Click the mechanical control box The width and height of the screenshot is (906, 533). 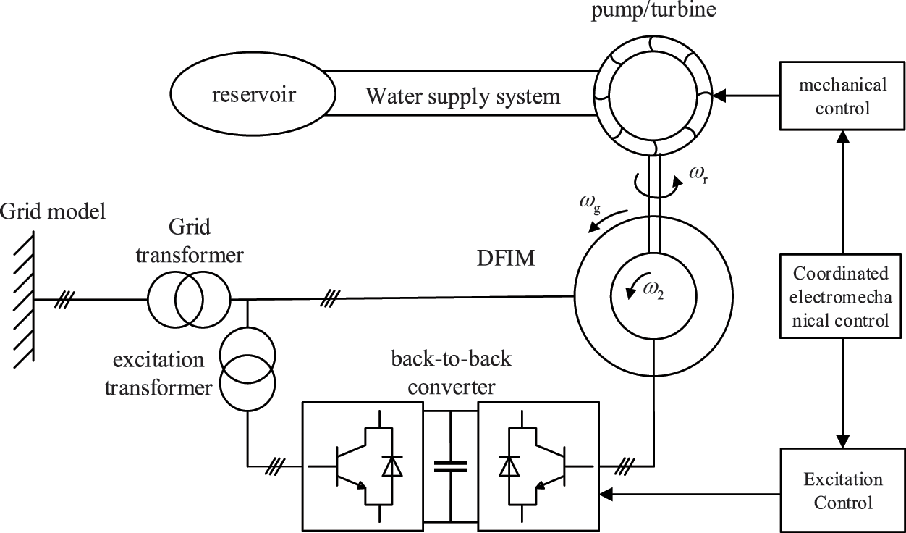pos(842,96)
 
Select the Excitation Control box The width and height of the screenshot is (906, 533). pos(842,490)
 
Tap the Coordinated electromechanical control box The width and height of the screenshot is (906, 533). pos(840,296)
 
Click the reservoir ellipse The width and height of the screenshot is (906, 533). pos(253,94)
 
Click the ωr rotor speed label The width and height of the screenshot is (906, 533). pos(699,175)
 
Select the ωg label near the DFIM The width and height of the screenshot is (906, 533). pos(590,203)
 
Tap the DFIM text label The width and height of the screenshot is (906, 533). pos(506,259)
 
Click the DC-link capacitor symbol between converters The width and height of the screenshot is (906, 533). pos(450,466)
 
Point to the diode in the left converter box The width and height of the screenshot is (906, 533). pos(392,466)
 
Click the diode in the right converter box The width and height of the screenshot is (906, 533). pos(509,466)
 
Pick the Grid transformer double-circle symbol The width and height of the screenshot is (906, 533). pos(189,300)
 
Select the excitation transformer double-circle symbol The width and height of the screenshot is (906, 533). pos(247,369)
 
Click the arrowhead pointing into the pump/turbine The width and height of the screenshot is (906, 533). pos(719,96)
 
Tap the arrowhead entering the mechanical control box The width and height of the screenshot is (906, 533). pos(842,137)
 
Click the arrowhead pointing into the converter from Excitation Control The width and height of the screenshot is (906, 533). pos(606,494)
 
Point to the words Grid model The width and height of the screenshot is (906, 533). pos(53,211)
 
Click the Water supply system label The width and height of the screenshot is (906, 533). pos(463,96)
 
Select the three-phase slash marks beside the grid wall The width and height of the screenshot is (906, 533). pos(64,300)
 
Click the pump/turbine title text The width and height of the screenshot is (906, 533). pos(653,9)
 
